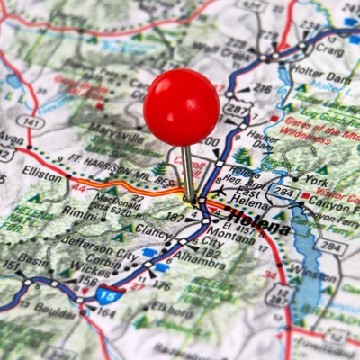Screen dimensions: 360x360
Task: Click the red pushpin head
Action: (x=181, y=107)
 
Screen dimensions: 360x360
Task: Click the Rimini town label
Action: (x=79, y=213)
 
